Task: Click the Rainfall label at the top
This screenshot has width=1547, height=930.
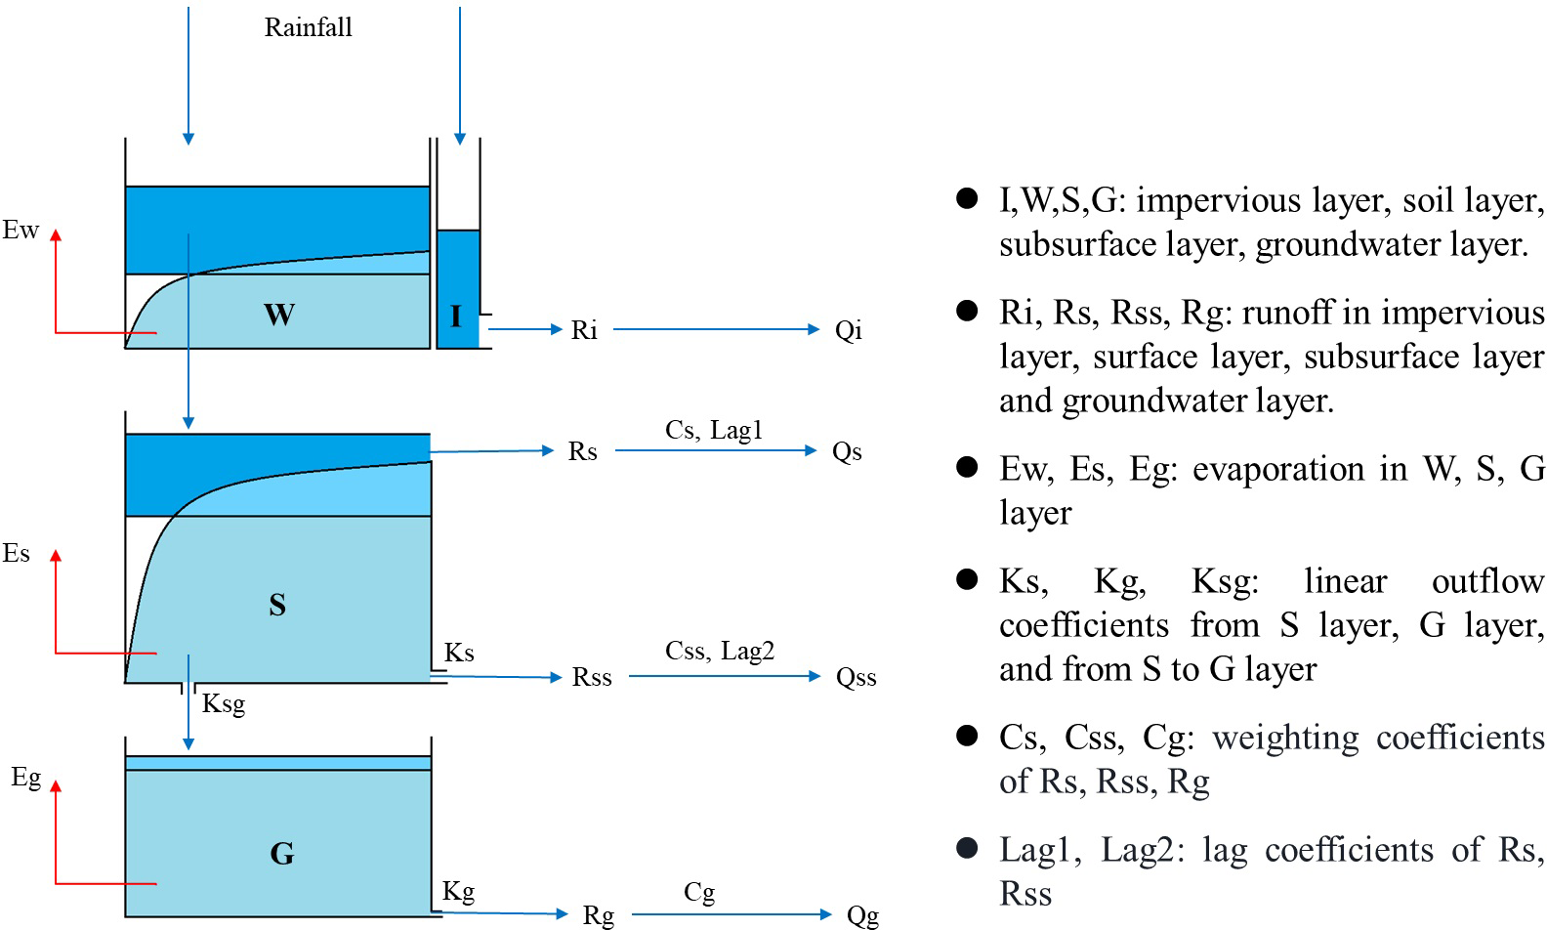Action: [308, 27]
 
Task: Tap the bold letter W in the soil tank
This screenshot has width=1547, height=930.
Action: [279, 315]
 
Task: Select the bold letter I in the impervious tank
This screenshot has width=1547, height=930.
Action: [455, 316]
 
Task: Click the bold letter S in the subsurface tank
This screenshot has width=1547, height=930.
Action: [277, 605]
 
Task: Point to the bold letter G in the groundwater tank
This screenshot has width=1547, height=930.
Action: [281, 854]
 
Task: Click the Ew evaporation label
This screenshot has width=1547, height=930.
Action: [21, 231]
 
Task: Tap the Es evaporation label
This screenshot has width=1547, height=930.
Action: [17, 554]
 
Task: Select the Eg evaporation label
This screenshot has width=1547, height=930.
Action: [25, 778]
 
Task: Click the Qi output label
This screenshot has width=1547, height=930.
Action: [848, 330]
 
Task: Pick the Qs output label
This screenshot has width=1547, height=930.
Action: [847, 451]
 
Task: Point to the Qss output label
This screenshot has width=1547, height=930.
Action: [856, 677]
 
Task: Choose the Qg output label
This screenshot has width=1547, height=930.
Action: [862, 915]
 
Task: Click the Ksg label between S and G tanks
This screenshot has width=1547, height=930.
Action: [223, 704]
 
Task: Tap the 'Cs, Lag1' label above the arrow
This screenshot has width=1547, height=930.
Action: [713, 430]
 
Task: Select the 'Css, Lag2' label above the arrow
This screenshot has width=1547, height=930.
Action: [719, 651]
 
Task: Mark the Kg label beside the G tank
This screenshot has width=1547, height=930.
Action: [458, 891]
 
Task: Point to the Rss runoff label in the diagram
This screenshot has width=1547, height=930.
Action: [592, 677]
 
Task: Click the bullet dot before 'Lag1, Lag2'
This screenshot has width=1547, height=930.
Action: [967, 848]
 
